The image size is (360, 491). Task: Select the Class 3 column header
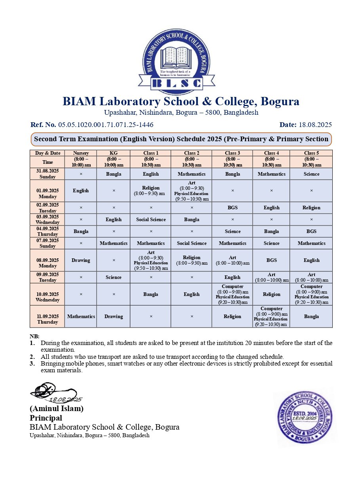[232, 153]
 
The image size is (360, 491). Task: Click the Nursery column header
[81, 153]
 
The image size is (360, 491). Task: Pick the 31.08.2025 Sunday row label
[48, 174]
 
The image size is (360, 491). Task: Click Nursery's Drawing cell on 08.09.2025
[81, 260]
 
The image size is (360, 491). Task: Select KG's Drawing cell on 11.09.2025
[114, 317]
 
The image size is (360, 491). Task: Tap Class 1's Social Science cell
[151, 220]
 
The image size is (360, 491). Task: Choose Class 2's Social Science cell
[192, 243]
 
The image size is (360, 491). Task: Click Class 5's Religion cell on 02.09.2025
[311, 208]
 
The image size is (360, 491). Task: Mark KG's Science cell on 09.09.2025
[114, 277]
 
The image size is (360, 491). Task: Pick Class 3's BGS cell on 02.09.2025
[232, 208]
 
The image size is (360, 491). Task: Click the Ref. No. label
[43, 125]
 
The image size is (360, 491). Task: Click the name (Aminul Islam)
[57, 409]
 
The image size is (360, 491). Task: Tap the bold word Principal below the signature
[46, 418]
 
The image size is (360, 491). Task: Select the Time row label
[48, 162]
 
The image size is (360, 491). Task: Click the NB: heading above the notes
[34, 336]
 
